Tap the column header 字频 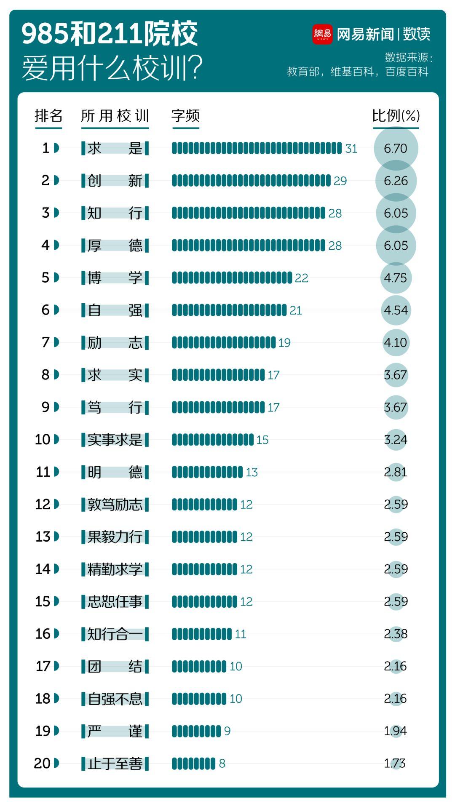click(185, 116)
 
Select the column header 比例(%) click(396, 116)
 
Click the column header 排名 click(48, 116)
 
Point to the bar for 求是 click(257, 148)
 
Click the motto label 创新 click(115, 181)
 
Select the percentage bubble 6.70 click(396, 148)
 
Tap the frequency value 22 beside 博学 click(302, 278)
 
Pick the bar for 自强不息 click(199, 699)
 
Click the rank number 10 click(43, 440)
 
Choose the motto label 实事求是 click(115, 440)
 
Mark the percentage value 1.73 click(395, 763)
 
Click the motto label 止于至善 click(115, 763)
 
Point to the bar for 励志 click(224, 342)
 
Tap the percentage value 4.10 click(396, 342)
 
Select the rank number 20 click(42, 763)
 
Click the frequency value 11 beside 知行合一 click(241, 634)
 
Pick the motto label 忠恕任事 click(115, 601)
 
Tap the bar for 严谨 click(196, 731)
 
